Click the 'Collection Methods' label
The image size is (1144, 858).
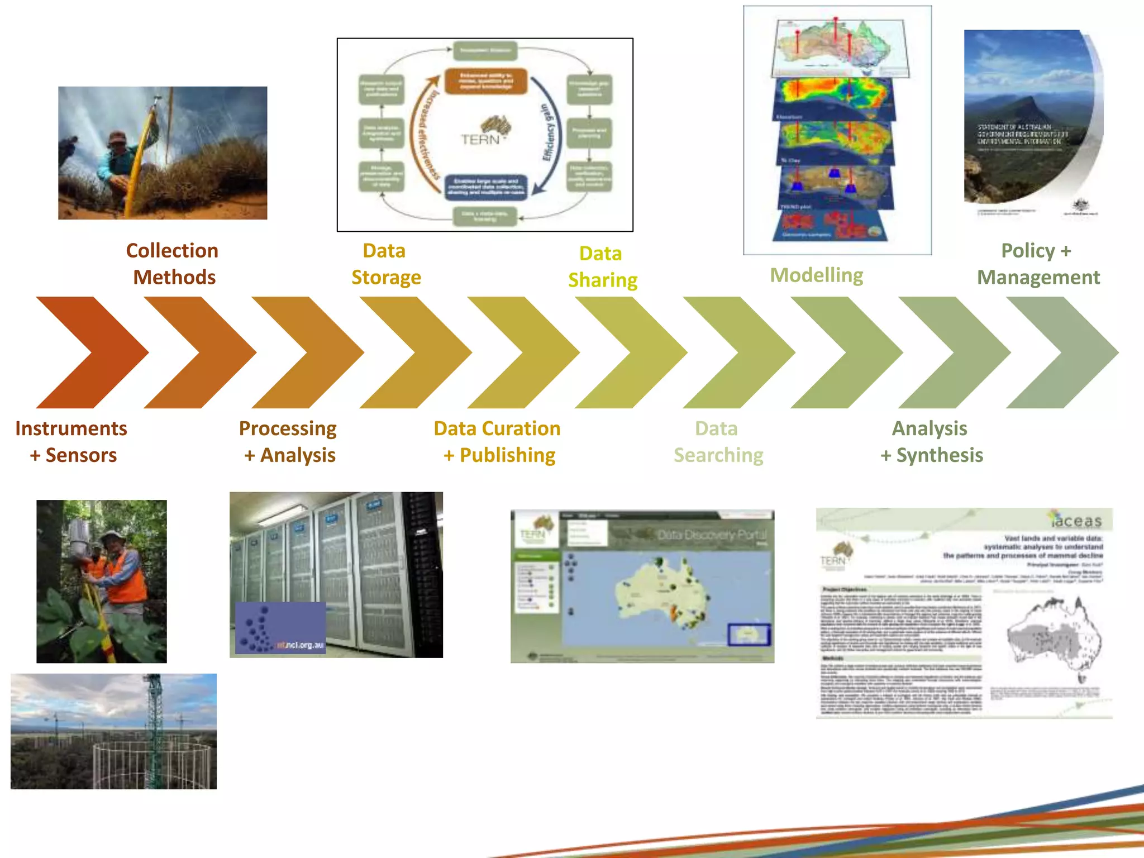click(173, 264)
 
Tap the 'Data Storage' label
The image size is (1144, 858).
click(385, 264)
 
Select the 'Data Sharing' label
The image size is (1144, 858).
click(602, 266)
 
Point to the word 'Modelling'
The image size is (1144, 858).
click(816, 275)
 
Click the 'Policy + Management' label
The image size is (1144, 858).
click(1037, 264)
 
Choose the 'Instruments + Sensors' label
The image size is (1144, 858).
click(71, 441)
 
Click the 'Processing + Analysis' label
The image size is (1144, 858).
click(288, 441)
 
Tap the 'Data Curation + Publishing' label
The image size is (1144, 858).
click(497, 441)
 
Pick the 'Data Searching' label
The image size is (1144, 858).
click(718, 441)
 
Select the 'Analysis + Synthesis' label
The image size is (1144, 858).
click(931, 441)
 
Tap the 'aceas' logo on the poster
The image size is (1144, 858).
click(1075, 520)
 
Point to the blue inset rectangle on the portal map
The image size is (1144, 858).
click(749, 635)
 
